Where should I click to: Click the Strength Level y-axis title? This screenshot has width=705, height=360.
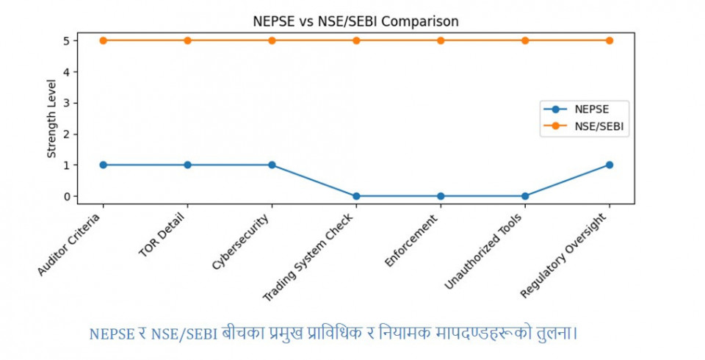[51, 119]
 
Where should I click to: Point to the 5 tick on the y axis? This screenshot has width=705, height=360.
[66, 40]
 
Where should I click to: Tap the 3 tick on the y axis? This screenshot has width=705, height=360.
[66, 103]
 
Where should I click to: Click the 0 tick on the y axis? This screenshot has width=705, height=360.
[66, 196]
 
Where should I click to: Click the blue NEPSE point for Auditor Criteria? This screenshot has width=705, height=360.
[103, 165]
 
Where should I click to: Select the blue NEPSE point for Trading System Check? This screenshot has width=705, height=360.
[356, 196]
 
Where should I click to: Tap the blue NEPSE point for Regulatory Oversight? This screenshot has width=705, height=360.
[610, 165]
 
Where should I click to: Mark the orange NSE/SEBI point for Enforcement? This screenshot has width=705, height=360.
[441, 40]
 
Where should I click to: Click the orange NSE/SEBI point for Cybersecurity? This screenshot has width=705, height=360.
[272, 40]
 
